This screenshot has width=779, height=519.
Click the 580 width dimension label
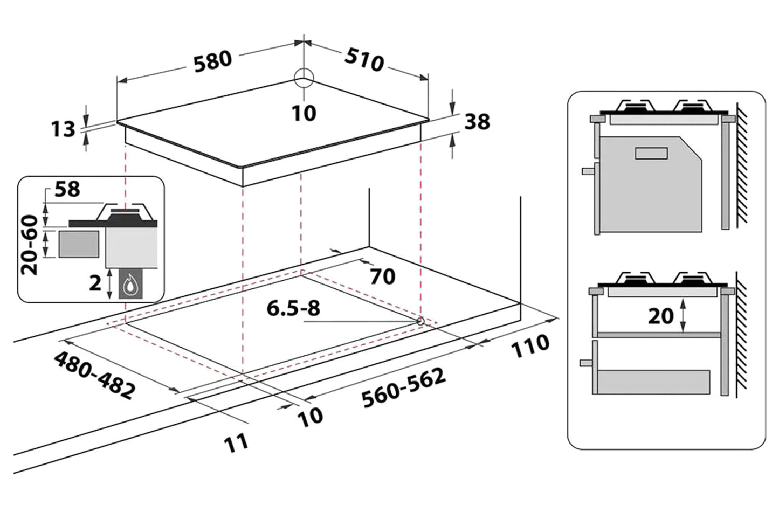pos(212,60)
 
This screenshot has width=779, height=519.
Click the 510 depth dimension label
pos(364,60)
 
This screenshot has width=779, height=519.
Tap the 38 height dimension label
pos(477,122)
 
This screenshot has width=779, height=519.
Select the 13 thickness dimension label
pos(63,129)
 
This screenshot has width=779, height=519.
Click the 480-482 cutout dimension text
pos(94,376)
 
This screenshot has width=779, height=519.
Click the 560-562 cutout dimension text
pos(403,388)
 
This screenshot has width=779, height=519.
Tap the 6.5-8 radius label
pos(293,308)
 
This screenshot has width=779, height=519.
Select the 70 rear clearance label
pos(382,276)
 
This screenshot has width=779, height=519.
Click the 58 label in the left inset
pos(67,190)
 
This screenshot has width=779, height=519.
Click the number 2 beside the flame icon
pos(95,283)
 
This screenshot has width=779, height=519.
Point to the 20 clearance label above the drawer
pos(660,316)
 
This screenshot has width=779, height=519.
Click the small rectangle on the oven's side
pos(651,154)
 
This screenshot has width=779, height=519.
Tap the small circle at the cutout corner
pos(420,321)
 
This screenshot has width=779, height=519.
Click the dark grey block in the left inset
pos(79,244)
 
